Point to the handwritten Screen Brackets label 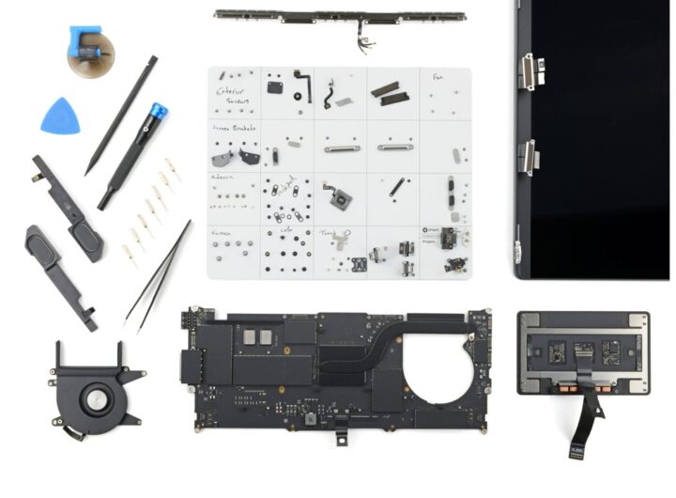coord(234,128)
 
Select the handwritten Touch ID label coord(335,232)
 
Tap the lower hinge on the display coord(530,156)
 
